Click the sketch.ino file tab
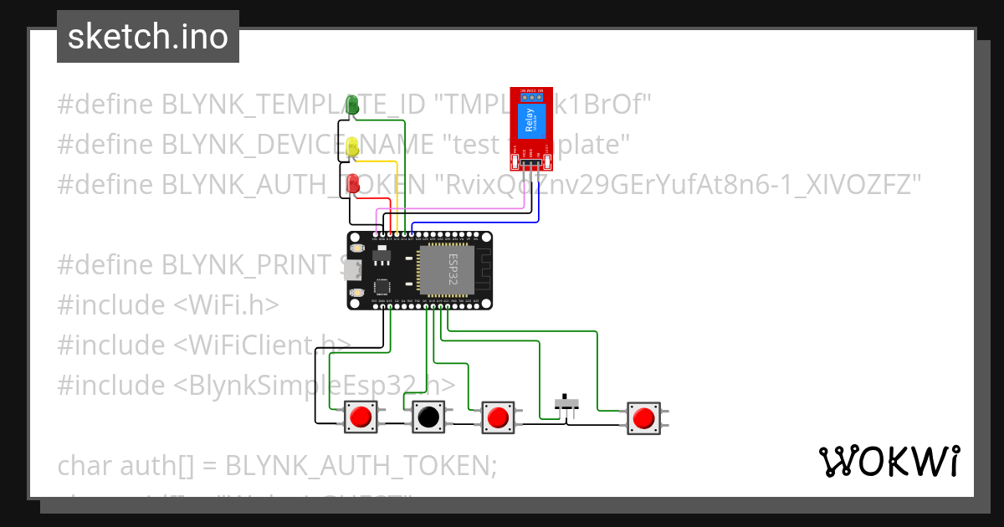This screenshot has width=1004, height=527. point(148,38)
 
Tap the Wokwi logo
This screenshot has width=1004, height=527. point(889,462)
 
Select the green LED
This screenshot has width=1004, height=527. point(353,105)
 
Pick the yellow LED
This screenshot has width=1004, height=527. point(353,146)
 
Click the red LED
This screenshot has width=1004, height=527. point(353,182)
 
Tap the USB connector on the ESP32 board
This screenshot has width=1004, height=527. point(356,270)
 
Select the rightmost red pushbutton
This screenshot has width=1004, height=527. point(643,417)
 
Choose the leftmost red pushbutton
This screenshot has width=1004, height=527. point(361,417)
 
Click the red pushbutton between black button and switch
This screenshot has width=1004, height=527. point(498,417)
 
